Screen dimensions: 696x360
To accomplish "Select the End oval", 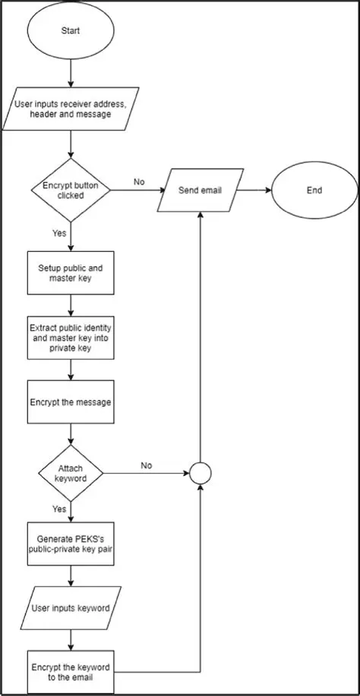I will (x=314, y=190).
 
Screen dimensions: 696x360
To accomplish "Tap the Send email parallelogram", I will (x=200, y=190).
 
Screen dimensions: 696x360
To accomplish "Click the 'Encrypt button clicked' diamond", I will (x=71, y=190).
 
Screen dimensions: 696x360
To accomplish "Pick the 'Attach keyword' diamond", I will (x=71, y=474).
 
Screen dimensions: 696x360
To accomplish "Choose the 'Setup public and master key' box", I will (x=71, y=273).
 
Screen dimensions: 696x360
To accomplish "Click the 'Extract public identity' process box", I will (x=71, y=337).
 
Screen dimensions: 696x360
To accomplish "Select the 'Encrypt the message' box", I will (x=71, y=402).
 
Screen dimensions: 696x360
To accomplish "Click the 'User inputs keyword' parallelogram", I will (x=71, y=608).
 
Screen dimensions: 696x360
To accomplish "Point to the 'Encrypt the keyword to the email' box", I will (x=71, y=672).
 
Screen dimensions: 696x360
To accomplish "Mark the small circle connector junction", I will (x=201, y=474).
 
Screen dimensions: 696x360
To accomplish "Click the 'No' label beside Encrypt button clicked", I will (x=139, y=182).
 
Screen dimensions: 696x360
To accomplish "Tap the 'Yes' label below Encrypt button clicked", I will (x=59, y=235).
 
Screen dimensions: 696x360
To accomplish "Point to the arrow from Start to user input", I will (x=71, y=72).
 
